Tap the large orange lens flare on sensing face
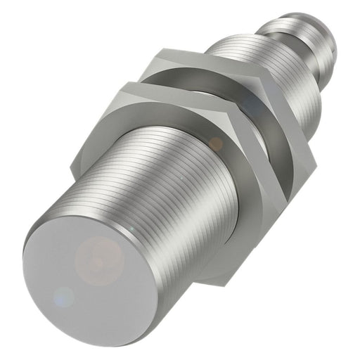pos(103,259)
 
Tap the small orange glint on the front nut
pos(215,143)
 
